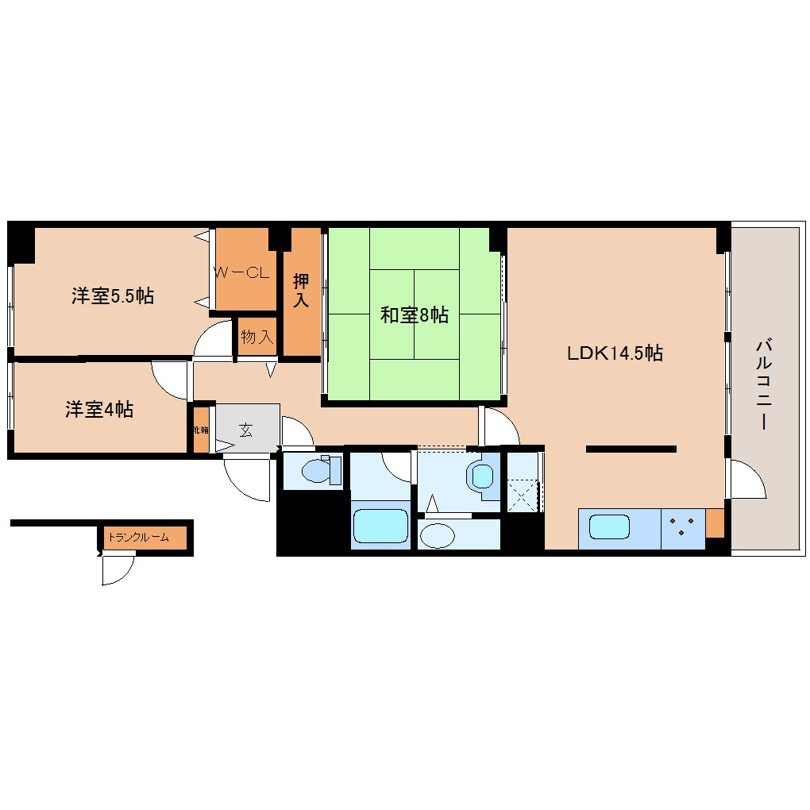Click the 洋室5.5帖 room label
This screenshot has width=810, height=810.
pos(113,297)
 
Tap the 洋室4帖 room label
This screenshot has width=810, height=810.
pos(99,410)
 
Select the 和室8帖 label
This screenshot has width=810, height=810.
pos(414,315)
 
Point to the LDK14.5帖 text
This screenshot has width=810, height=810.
pos(615,353)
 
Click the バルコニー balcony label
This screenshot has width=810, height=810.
pos(764,384)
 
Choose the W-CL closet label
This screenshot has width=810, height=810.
pos(243,272)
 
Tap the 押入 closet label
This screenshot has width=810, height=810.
pos(301,291)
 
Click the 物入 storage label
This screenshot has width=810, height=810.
pos(256,337)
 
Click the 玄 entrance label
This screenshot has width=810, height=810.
pos(246,430)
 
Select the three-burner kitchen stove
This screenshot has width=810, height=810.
pos(682,526)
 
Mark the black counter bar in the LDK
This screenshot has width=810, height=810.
pos(631,449)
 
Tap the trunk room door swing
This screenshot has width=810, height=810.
pos(117,569)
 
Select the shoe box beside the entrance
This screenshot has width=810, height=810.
pos(200,430)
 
